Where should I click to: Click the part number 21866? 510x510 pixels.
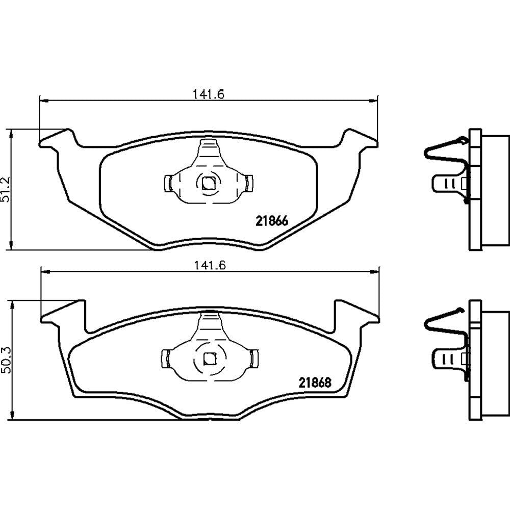tap(272, 221)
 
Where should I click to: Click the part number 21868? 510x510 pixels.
tap(315, 382)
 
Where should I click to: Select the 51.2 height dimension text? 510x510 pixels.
tap(6, 190)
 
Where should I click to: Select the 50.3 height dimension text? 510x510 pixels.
tap(7, 360)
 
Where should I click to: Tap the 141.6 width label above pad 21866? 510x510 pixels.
tap(209, 94)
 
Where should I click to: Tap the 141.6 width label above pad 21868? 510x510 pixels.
tap(210, 265)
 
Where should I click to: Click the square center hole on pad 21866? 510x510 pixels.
tap(208, 183)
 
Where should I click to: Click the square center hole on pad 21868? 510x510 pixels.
tap(209, 359)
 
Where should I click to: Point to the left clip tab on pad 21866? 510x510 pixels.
tap(168, 184)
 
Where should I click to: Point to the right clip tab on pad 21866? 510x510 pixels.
tap(249, 184)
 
